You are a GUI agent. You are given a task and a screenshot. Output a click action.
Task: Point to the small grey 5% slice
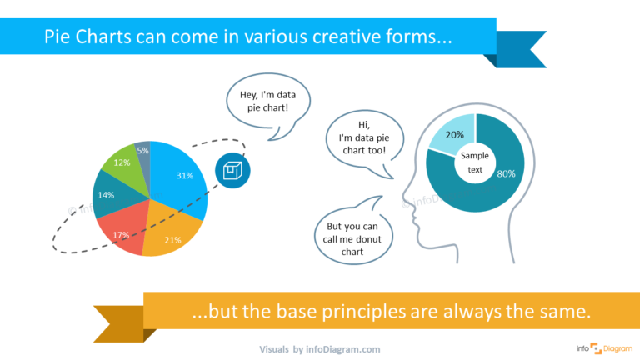143,152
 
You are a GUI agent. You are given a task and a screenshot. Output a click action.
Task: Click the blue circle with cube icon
232,169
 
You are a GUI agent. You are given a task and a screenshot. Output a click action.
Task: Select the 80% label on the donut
506,173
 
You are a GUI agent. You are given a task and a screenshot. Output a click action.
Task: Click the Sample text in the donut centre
475,162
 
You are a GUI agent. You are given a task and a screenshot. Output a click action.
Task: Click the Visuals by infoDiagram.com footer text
320,349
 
